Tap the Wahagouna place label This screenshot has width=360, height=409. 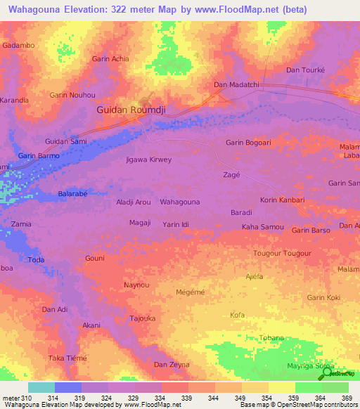pyautogui.click(x=180, y=202)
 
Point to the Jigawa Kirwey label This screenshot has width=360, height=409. pyautogui.click(x=148, y=160)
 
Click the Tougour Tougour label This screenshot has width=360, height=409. pyautogui.click(x=281, y=252)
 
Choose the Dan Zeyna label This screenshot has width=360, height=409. pyautogui.click(x=172, y=365)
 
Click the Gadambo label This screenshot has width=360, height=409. pyautogui.click(x=19, y=45)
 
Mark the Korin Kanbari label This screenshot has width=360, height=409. pyautogui.click(x=282, y=200)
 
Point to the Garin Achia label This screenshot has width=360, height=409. pyautogui.click(x=110, y=59)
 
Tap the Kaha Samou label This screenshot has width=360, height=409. pyautogui.click(x=262, y=227)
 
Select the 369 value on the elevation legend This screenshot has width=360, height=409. pyautogui.click(x=347, y=397)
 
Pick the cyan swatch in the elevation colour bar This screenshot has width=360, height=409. pyautogui.click(x=41, y=387)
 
